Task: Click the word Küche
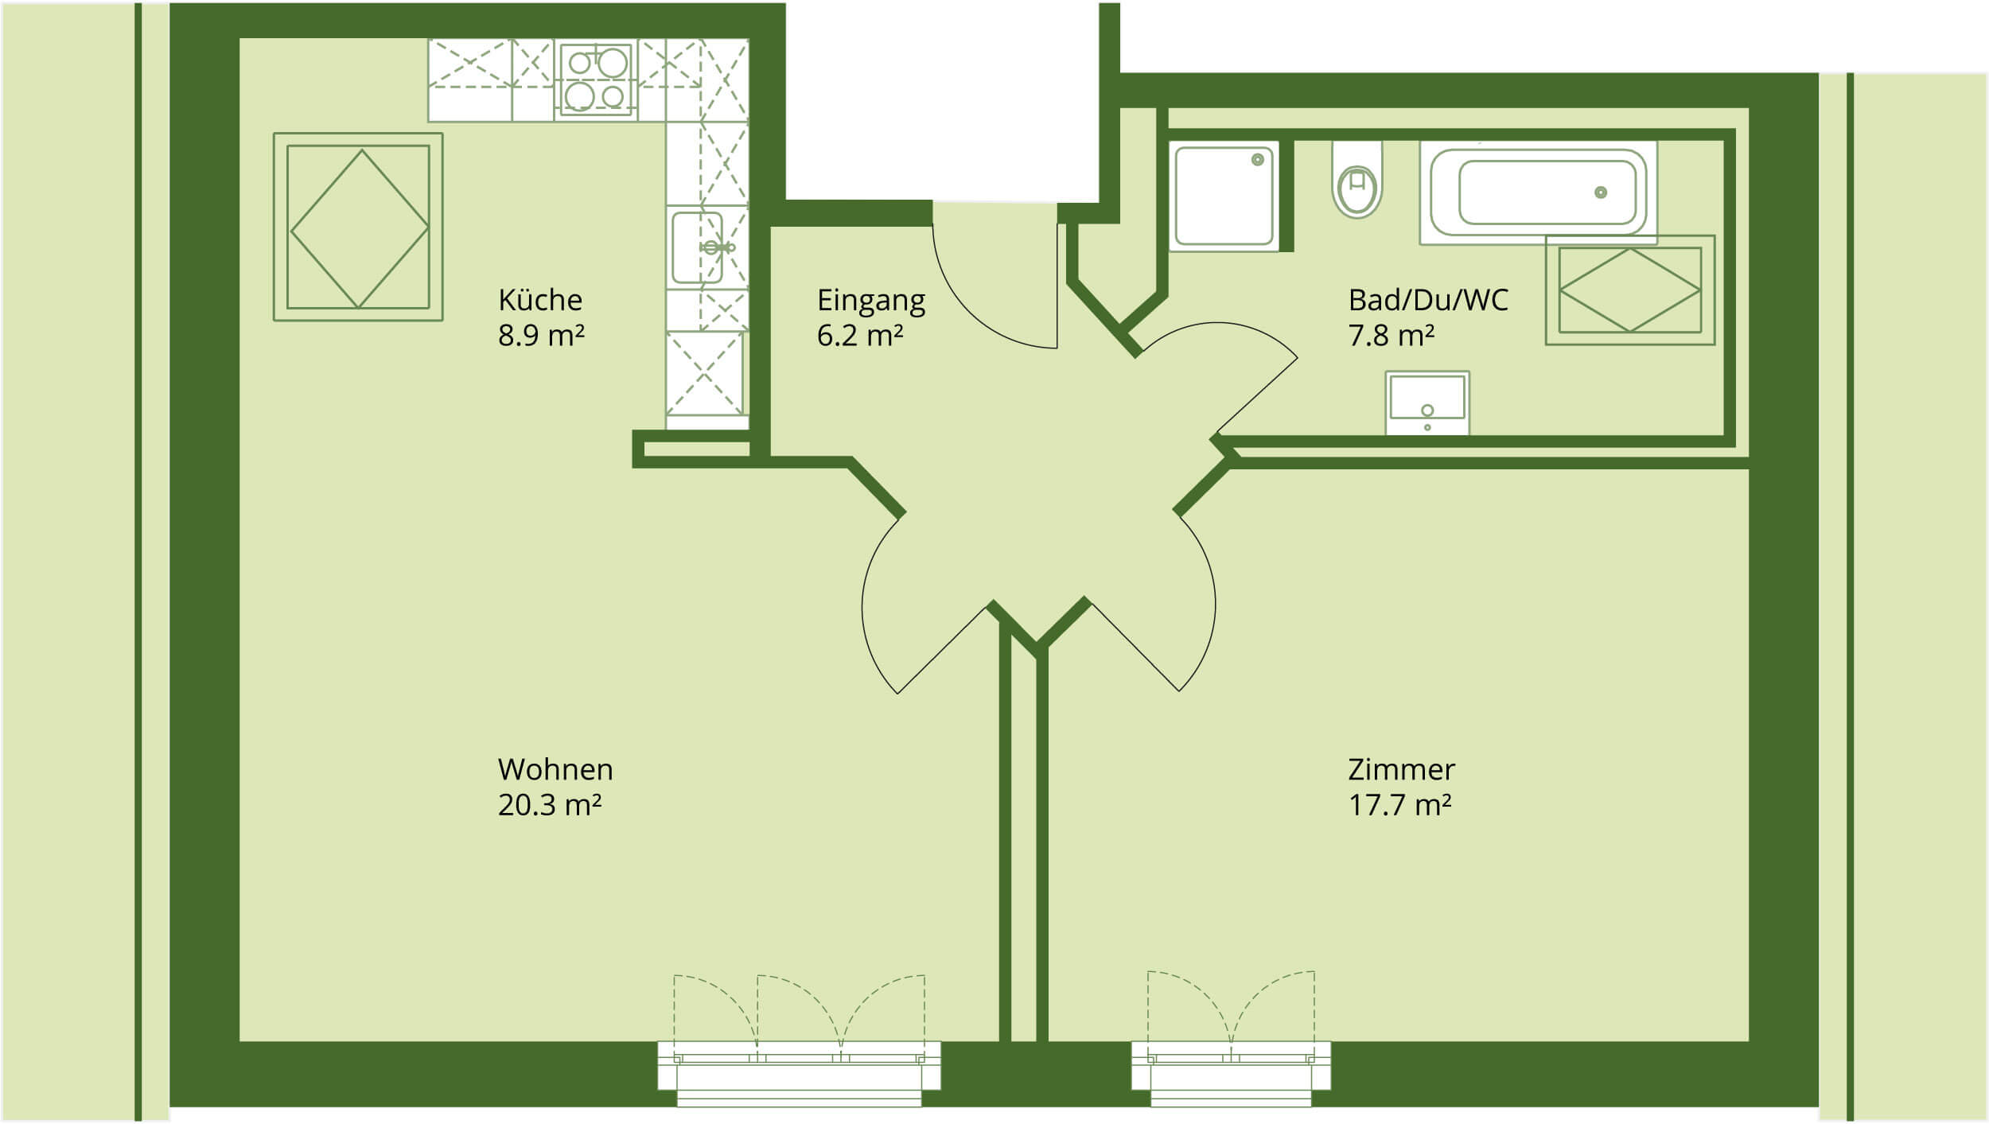pyautogui.click(x=540, y=300)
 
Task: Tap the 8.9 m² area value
pyautogui.click(x=541, y=336)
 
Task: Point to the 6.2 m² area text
pyautogui.click(x=859, y=336)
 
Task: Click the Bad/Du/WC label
pyautogui.click(x=1428, y=300)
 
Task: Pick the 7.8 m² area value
pyautogui.click(x=1392, y=336)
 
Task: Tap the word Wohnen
pyautogui.click(x=555, y=769)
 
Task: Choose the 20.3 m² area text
pyautogui.click(x=549, y=805)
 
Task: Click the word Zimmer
pyautogui.click(x=1401, y=769)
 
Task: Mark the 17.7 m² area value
pyautogui.click(x=1399, y=805)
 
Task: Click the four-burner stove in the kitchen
pyautogui.click(x=596, y=80)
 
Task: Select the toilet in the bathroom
pyautogui.click(x=1357, y=181)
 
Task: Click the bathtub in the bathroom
pyautogui.click(x=1538, y=193)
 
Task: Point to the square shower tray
pyautogui.click(x=1224, y=196)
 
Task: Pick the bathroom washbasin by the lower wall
pyautogui.click(x=1427, y=403)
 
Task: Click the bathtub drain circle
pyautogui.click(x=1601, y=193)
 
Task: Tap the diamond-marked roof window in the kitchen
pyautogui.click(x=358, y=228)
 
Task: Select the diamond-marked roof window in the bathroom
pyautogui.click(x=1630, y=290)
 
